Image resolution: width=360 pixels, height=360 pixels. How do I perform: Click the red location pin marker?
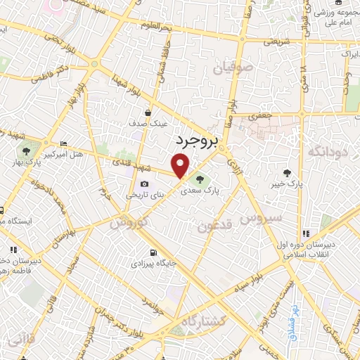(x=181, y=166)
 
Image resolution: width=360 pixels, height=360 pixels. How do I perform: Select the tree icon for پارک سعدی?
(x=204, y=177)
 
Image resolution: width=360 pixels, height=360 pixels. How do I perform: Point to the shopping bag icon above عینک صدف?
(x=148, y=112)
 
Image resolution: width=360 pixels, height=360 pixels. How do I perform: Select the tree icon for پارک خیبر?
(x=286, y=173)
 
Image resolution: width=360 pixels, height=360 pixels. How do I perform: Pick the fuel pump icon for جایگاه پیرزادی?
(x=153, y=253)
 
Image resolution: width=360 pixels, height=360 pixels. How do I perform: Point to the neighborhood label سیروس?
(x=261, y=219)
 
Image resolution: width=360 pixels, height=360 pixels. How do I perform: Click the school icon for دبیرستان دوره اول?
(x=305, y=233)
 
